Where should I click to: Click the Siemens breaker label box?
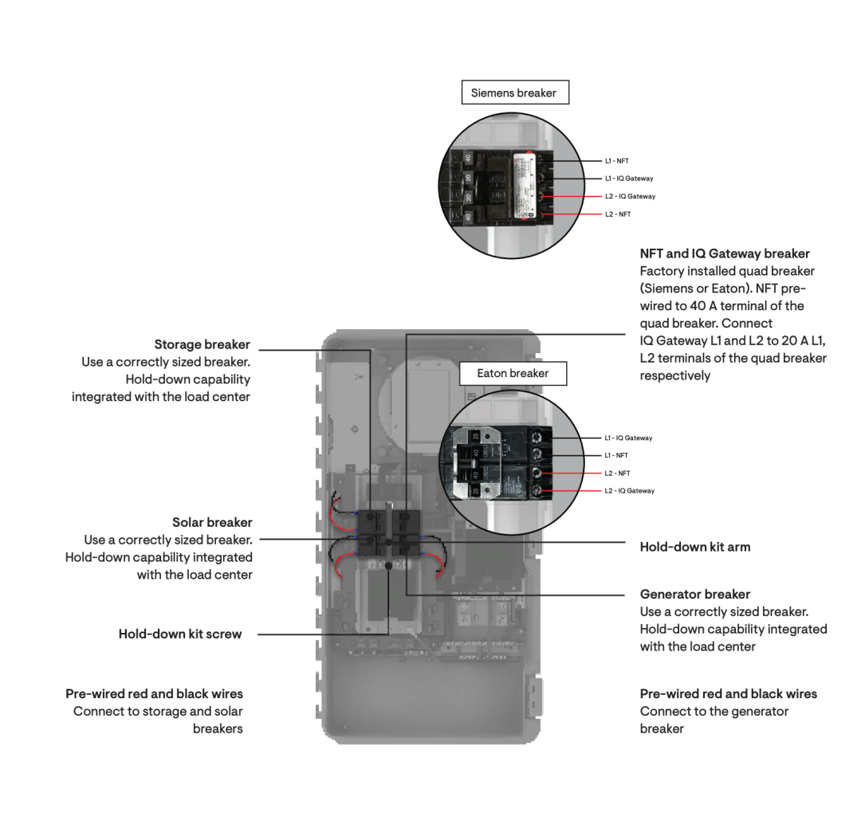pos(514,92)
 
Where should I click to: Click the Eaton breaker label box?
pos(513,373)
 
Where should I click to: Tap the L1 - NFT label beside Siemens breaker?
pos(616,161)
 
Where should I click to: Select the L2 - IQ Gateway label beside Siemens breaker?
pos(630,196)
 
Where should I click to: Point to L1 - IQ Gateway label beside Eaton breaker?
pos(628,438)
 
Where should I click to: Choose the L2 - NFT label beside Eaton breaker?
pos(617,473)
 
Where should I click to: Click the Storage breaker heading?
pos(202,344)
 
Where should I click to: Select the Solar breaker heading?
pos(212,522)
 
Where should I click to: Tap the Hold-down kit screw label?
pos(180,634)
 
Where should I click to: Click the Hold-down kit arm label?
pos(695,547)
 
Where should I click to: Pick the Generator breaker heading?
pos(695,594)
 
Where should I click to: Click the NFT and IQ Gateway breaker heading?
pos(725,253)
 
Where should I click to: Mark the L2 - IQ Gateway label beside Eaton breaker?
pos(629,491)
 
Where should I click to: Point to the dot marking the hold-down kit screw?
pos(387,565)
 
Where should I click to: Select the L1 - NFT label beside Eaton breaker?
pos(616,455)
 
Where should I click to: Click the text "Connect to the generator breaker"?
pos(714,720)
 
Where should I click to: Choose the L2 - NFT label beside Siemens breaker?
pos(617,214)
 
